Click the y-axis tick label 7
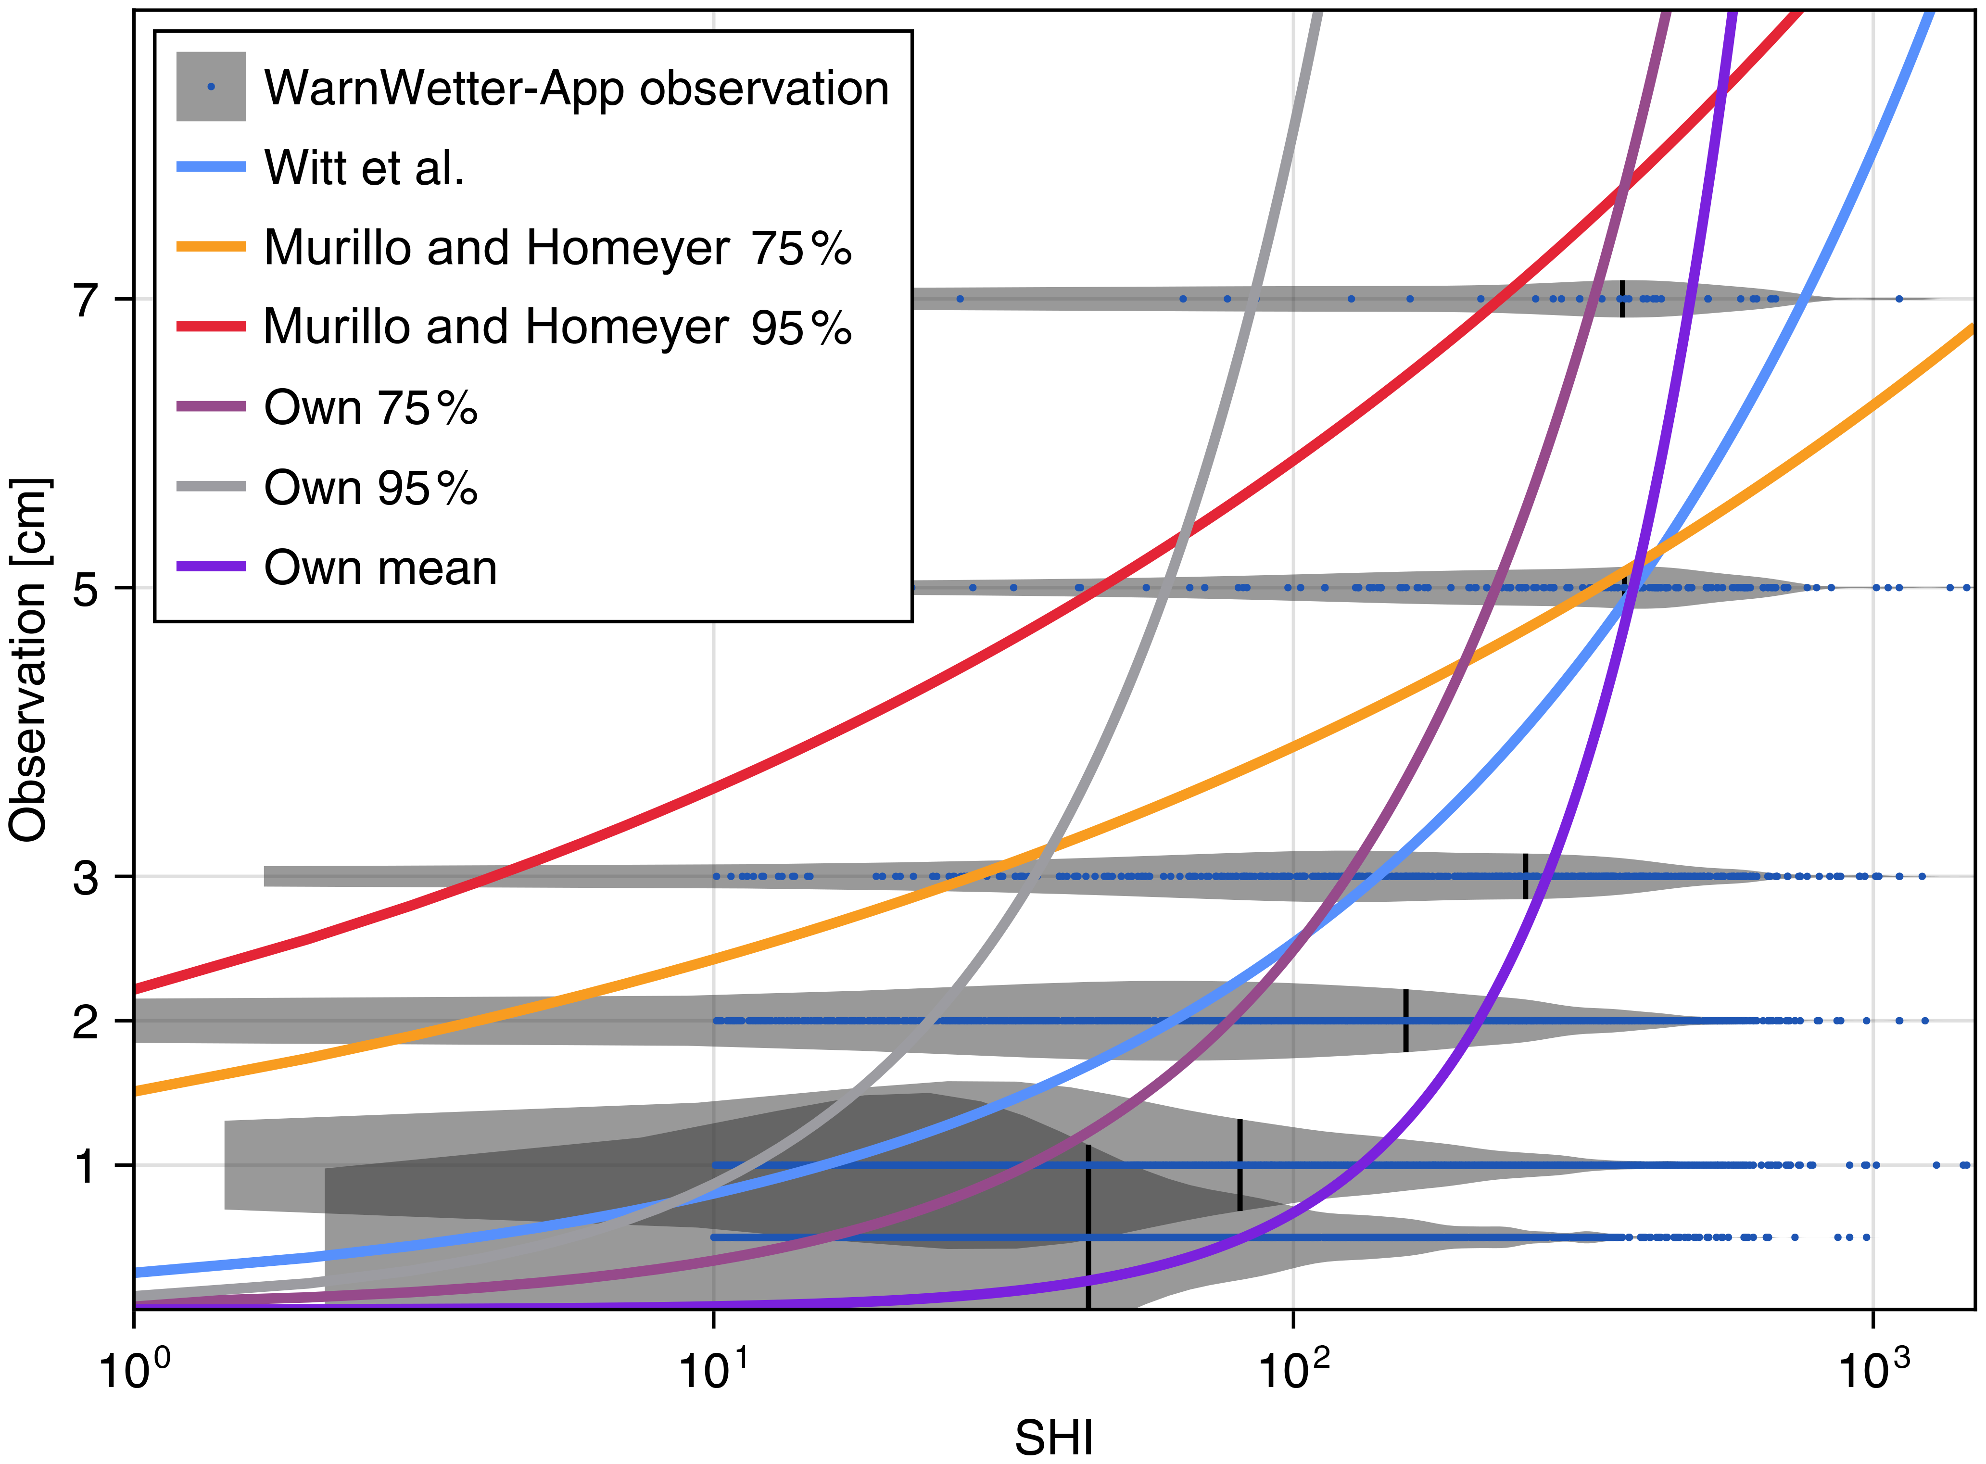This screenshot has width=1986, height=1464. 86,300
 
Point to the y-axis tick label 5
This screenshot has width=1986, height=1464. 86,588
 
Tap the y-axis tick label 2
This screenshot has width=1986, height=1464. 86,1022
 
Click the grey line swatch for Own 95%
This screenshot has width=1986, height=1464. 211,487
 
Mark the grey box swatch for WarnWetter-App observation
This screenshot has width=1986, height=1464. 211,87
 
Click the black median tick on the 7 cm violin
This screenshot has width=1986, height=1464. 1623,299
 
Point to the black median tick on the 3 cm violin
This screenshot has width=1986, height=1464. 1525,876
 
